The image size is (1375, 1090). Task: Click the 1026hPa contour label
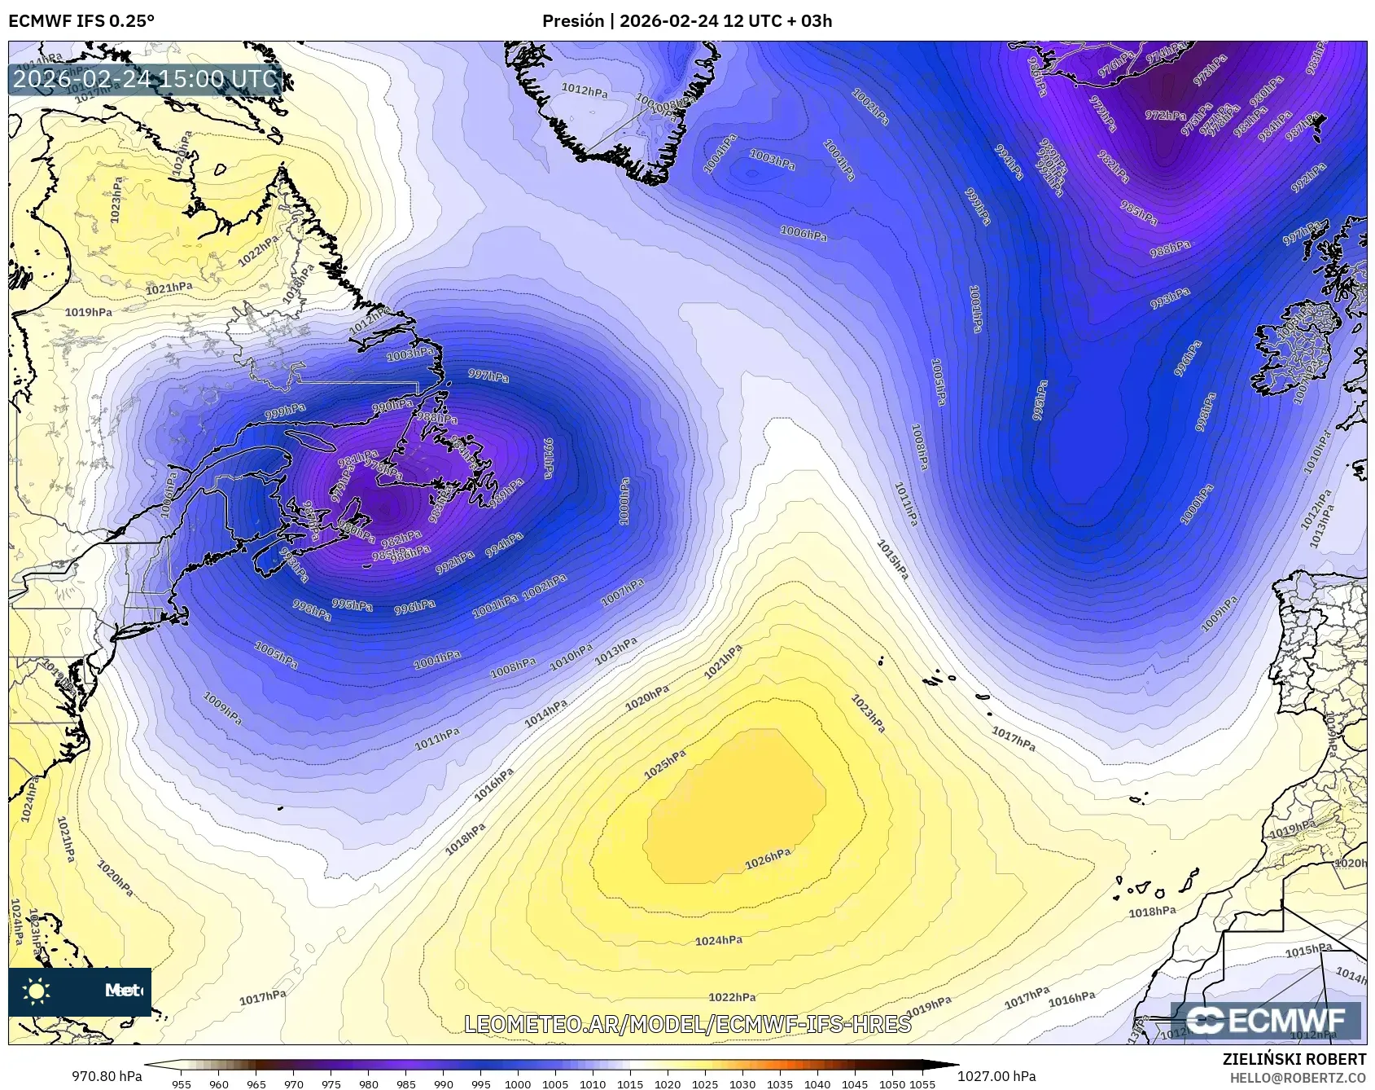click(768, 859)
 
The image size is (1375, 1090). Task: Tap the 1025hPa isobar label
click(664, 764)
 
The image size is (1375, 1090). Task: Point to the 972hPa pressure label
click(1165, 116)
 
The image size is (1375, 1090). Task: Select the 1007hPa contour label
click(622, 593)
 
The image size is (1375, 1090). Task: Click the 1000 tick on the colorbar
click(518, 1083)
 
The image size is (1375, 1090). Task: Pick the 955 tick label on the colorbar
click(181, 1083)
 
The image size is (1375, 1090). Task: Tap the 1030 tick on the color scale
click(742, 1083)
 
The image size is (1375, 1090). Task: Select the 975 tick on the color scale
click(331, 1083)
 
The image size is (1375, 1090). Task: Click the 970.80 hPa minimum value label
click(107, 1076)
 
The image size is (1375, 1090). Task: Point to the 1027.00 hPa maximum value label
click(996, 1076)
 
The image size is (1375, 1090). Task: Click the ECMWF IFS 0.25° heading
click(81, 21)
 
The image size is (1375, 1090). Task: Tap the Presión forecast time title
click(687, 21)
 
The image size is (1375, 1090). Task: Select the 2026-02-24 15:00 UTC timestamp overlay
click(145, 79)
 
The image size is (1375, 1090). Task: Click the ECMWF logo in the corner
click(1265, 1020)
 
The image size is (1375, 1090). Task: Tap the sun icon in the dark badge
click(37, 991)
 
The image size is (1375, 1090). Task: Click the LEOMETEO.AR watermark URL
click(687, 1024)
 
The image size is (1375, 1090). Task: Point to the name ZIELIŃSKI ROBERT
click(1294, 1059)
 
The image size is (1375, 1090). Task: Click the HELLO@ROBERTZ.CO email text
click(1298, 1078)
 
